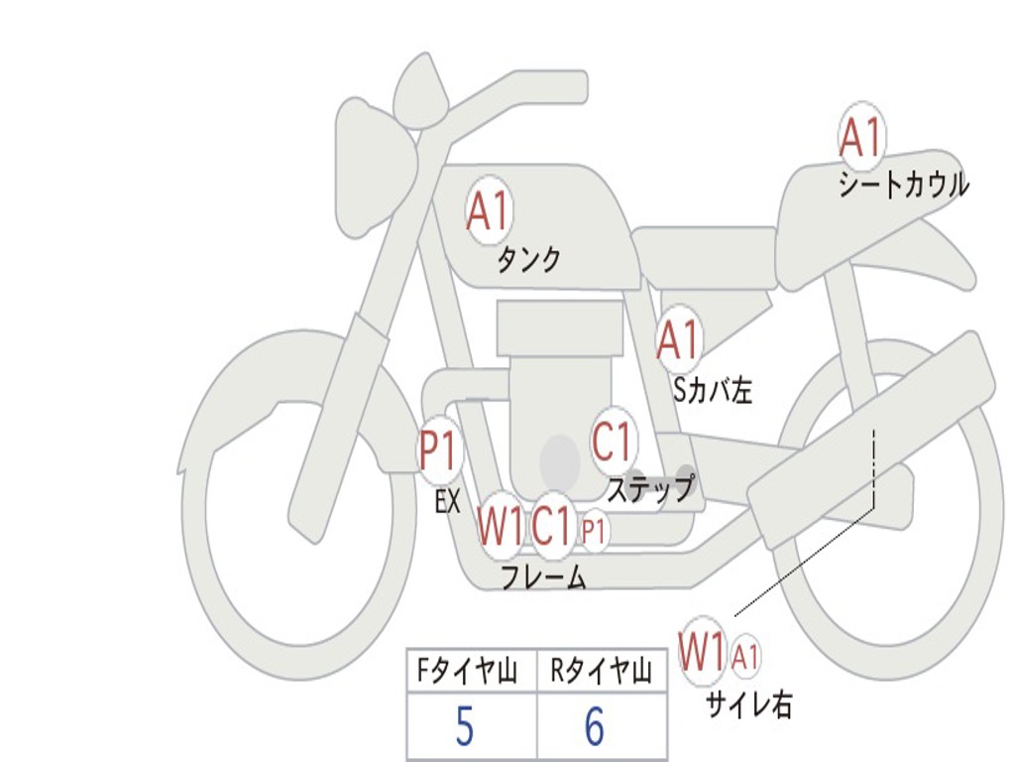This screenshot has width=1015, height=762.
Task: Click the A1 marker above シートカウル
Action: [x=860, y=137]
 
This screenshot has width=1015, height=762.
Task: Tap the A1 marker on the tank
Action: [x=488, y=210]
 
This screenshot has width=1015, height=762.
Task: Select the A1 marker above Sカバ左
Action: [x=679, y=339]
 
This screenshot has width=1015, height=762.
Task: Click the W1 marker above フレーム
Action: [x=500, y=526]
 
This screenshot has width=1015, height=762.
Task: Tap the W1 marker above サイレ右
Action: [x=703, y=652]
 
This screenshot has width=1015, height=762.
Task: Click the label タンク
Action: [x=528, y=260]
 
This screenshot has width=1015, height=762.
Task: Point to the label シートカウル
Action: [x=903, y=186]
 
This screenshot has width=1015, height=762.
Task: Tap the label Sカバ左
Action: [x=713, y=391]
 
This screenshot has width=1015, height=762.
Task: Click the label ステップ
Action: [x=650, y=489]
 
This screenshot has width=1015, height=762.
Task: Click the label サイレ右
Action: [x=748, y=704]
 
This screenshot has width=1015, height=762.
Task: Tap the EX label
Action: [x=448, y=502]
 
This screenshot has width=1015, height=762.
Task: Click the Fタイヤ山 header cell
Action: [x=471, y=672]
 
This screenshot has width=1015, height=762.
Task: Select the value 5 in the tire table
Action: [x=464, y=728]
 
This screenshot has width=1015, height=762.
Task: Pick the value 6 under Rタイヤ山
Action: [x=594, y=728]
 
